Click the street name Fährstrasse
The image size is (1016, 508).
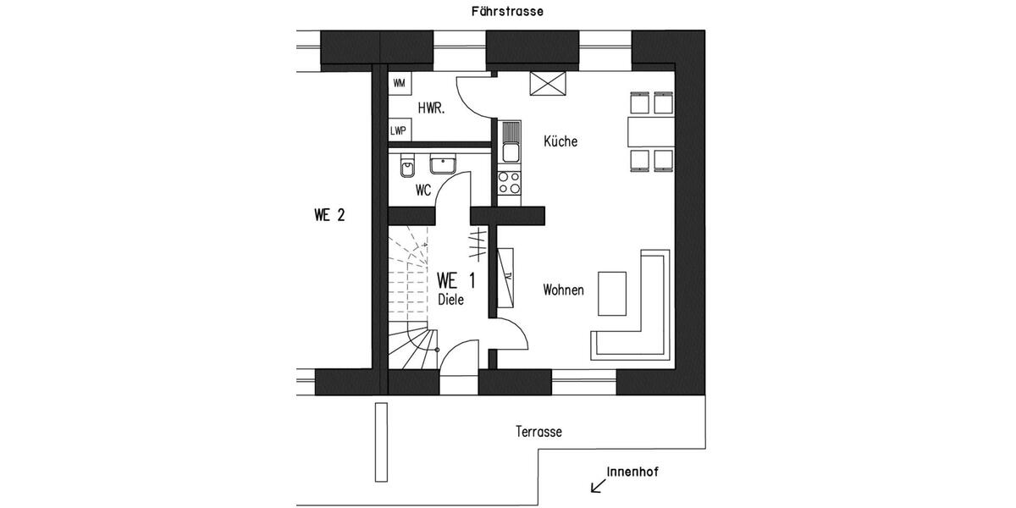point(507,12)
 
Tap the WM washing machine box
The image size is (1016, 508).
point(399,83)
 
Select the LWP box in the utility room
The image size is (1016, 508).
point(398,130)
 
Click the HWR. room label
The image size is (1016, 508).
point(432,108)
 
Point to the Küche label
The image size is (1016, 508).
point(560,141)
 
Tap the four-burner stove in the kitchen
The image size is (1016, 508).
point(509,182)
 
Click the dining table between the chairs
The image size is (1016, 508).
point(650,131)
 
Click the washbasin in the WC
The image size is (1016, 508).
point(442,164)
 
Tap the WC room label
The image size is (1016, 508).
point(423,191)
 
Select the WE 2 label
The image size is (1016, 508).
point(329,215)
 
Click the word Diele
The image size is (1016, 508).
point(450,300)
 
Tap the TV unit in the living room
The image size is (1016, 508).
point(507,278)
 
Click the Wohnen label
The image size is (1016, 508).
point(563,290)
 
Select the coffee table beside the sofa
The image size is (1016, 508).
point(612,293)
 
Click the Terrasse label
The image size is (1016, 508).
point(538,432)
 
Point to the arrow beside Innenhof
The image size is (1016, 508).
point(598,485)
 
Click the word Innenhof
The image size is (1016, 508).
point(632,472)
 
